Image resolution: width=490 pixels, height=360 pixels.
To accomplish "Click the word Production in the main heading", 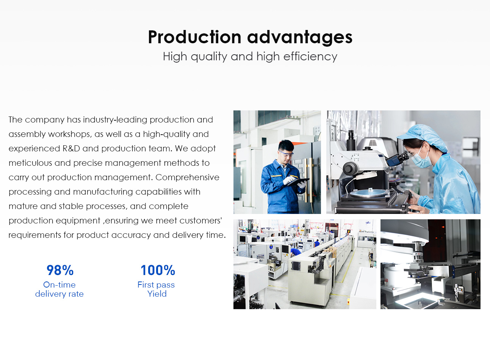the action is [195, 37].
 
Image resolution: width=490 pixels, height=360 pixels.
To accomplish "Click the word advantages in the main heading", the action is [300, 38].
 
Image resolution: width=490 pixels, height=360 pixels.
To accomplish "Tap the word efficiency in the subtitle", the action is [310, 57].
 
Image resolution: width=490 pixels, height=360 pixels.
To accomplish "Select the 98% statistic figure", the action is [60, 270].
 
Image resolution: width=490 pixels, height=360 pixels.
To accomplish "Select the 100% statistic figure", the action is [158, 270].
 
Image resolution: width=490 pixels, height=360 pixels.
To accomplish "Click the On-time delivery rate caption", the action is [59, 289].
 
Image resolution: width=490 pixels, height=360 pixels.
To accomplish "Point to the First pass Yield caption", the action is [156, 289].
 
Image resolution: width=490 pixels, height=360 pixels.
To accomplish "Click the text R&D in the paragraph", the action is [71, 148].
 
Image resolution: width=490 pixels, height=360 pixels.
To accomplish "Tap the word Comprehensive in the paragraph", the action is [187, 178].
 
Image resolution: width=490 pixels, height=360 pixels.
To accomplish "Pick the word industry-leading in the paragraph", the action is [115, 120].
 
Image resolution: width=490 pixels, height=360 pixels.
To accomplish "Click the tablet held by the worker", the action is [298, 182].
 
